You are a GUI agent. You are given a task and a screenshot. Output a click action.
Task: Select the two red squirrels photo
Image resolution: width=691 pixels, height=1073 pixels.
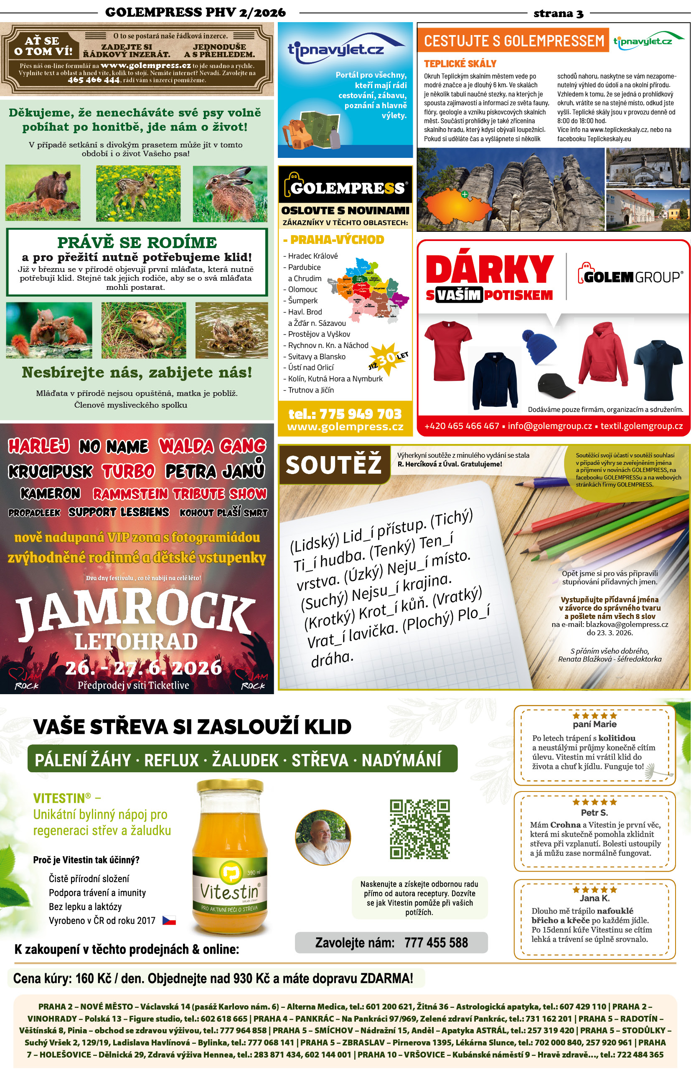[49, 330]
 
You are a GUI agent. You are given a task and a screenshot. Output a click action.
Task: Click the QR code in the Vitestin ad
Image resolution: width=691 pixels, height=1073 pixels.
[419, 829]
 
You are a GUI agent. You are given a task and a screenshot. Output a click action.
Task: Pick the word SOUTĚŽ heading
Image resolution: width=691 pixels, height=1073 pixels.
[333, 465]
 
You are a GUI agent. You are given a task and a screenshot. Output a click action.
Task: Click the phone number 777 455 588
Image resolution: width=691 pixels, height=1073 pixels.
[436, 942]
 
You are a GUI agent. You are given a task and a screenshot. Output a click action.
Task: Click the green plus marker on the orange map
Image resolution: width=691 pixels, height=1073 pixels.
[465, 194]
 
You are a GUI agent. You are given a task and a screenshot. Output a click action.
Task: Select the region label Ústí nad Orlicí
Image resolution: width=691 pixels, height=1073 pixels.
[310, 368]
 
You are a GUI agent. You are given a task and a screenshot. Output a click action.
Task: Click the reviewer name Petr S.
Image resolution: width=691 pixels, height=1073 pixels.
[594, 812]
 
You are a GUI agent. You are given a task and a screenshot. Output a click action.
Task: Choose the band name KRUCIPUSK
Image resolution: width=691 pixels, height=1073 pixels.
[50, 471]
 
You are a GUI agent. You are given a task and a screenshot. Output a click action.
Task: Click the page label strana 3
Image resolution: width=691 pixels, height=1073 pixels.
[558, 13]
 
